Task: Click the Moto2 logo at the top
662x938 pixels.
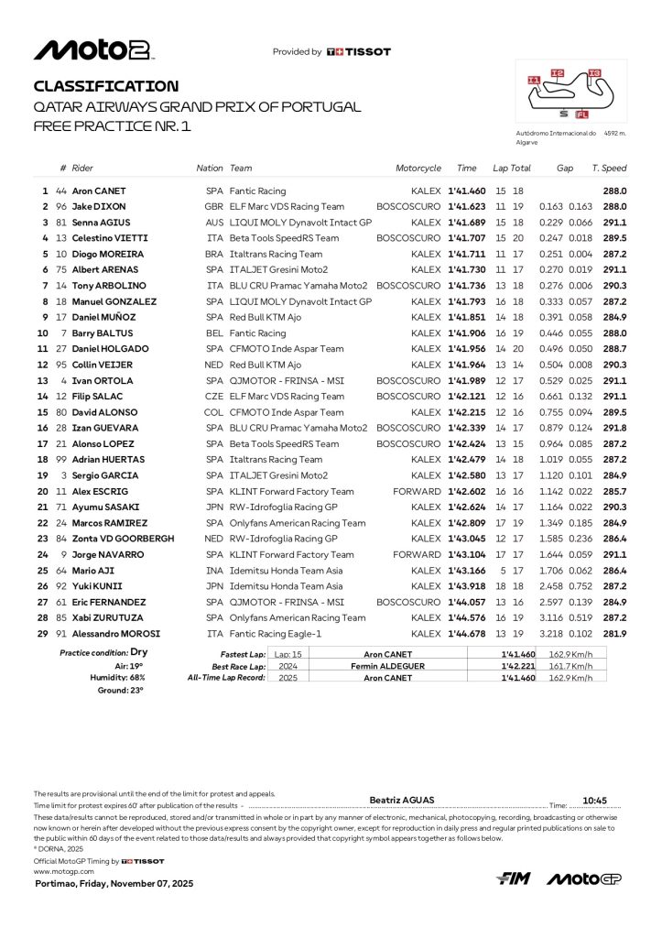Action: (x=93, y=51)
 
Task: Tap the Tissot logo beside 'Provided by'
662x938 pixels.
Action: (x=358, y=52)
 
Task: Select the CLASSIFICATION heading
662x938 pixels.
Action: (x=105, y=86)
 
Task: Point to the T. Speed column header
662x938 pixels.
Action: (x=609, y=169)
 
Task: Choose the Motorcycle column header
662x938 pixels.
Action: (x=418, y=169)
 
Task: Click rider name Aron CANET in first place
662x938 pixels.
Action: (x=101, y=191)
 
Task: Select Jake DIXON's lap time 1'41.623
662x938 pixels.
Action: (x=466, y=207)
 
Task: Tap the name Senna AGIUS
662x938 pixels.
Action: (x=101, y=223)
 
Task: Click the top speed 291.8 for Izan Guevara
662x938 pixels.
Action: (x=613, y=428)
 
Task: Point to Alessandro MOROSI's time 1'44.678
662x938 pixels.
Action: (x=466, y=634)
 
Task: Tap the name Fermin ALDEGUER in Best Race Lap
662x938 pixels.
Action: (x=387, y=666)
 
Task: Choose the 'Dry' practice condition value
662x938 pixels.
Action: (x=139, y=653)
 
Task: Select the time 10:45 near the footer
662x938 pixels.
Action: (x=596, y=799)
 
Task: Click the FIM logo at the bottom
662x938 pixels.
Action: (x=514, y=878)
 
